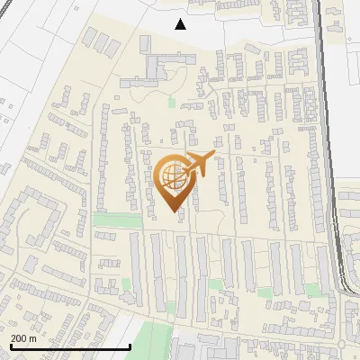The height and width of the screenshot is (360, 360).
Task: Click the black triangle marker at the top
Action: click(181, 24)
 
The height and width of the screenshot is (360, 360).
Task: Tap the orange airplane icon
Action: click(199, 165)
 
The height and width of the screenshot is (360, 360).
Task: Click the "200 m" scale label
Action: click(23, 338)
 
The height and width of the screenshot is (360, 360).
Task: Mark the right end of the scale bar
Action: click(131, 346)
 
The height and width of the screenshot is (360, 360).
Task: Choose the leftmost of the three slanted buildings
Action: click(91, 37)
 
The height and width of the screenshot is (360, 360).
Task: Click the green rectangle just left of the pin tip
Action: click(112, 220)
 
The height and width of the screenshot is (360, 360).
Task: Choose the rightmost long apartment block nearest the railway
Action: click(298, 261)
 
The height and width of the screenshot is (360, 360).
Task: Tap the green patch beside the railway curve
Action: click(312, 290)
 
